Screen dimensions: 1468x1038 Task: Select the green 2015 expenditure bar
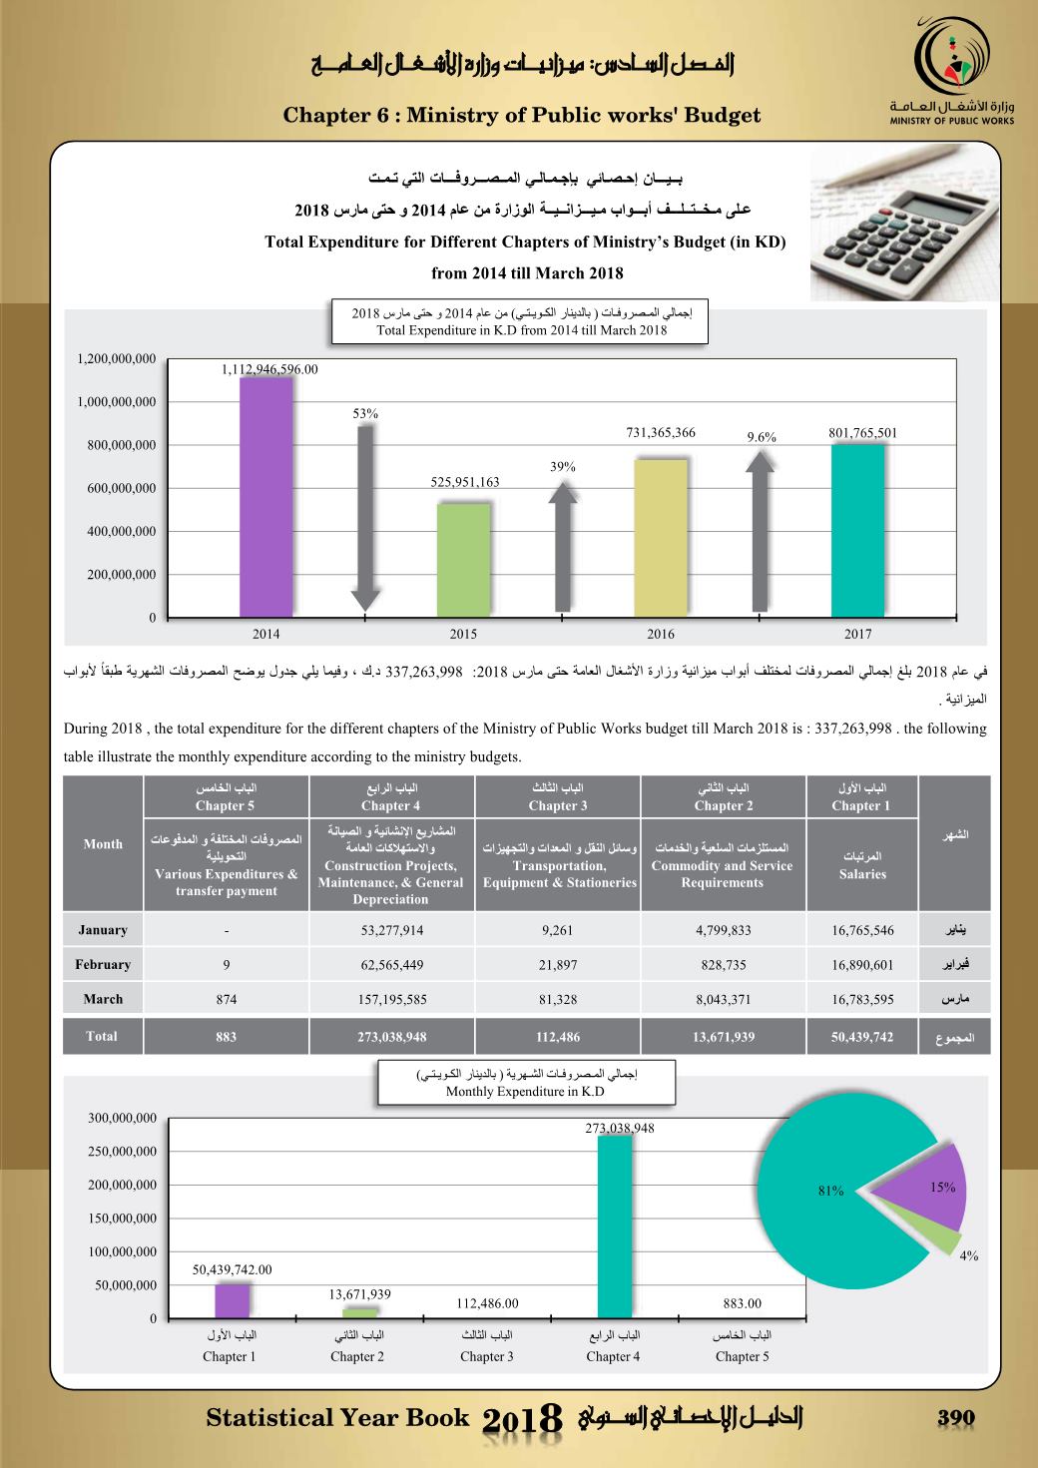(464, 560)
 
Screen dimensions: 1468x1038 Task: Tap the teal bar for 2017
(857, 530)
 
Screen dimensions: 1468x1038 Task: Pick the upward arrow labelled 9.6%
(761, 530)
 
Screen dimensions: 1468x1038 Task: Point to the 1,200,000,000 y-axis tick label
(116, 359)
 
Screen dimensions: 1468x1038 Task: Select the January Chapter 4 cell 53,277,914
(391, 930)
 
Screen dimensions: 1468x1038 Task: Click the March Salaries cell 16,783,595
(862, 999)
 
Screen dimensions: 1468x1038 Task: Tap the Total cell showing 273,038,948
(391, 1037)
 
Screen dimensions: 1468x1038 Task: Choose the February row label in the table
(103, 965)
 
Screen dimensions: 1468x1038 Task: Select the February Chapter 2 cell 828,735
(722, 965)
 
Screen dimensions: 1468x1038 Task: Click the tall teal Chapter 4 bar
(614, 1226)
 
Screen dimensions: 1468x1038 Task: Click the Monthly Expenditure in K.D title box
(526, 1083)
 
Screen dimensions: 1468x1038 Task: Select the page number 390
(955, 1419)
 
